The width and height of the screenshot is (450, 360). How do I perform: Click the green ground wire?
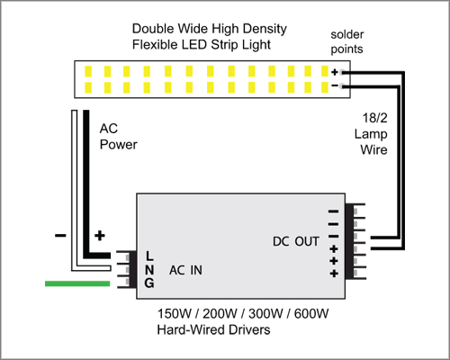coord(77,283)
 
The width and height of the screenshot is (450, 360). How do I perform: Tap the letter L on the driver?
coord(149,256)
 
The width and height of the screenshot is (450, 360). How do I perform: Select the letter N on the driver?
coord(149,270)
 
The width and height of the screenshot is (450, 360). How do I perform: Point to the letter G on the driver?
coord(149,283)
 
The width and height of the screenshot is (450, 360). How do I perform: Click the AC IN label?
coord(185,270)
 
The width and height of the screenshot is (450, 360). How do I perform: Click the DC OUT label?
coord(296,241)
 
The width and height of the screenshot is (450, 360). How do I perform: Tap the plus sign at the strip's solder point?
coord(335,72)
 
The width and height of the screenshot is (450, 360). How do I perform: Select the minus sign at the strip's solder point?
coord(335,86)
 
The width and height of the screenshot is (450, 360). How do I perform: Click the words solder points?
coord(347,41)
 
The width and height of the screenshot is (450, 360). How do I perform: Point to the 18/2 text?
coord(375,118)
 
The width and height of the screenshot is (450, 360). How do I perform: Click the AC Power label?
coord(118,137)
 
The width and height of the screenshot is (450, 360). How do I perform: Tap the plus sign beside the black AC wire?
coord(100,236)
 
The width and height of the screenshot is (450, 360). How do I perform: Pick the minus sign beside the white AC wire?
coord(60,236)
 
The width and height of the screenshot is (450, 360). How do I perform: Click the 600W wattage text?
coord(311,314)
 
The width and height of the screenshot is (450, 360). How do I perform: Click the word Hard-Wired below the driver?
coord(191,329)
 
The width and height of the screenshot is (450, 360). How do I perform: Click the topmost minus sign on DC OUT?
coord(334,211)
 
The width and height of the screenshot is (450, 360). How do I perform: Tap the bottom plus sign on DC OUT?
coord(334,274)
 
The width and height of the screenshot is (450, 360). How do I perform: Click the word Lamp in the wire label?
coord(371,134)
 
